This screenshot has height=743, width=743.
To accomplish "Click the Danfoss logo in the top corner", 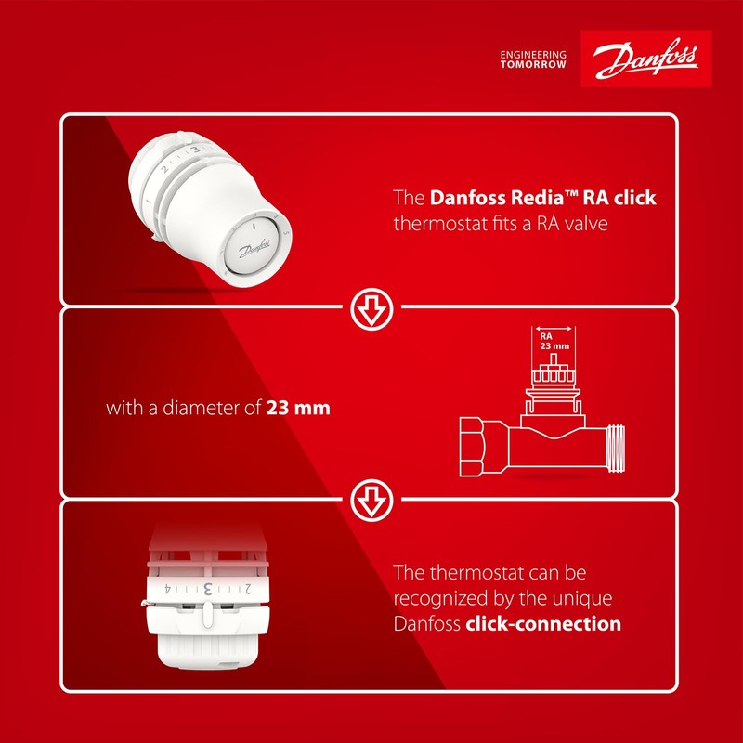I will [x=645, y=59].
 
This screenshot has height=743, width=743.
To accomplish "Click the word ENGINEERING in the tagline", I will [x=533, y=54].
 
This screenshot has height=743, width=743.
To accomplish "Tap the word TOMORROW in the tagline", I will [x=533, y=65].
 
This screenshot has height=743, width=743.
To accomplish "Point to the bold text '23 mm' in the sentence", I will [x=298, y=408].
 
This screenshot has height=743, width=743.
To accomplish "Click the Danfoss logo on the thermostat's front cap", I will [x=254, y=249].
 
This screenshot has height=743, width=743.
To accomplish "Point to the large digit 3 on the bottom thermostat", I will [x=209, y=588].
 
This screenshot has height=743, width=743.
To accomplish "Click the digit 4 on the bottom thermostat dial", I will [x=166, y=589].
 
